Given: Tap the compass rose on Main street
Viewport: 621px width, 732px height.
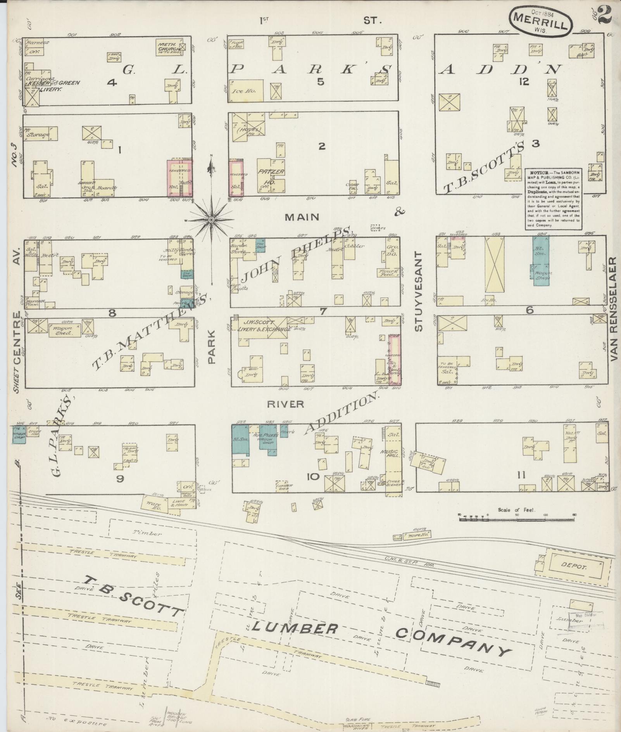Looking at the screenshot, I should tap(211, 220).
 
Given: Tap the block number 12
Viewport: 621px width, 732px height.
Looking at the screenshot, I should tap(524, 82).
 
